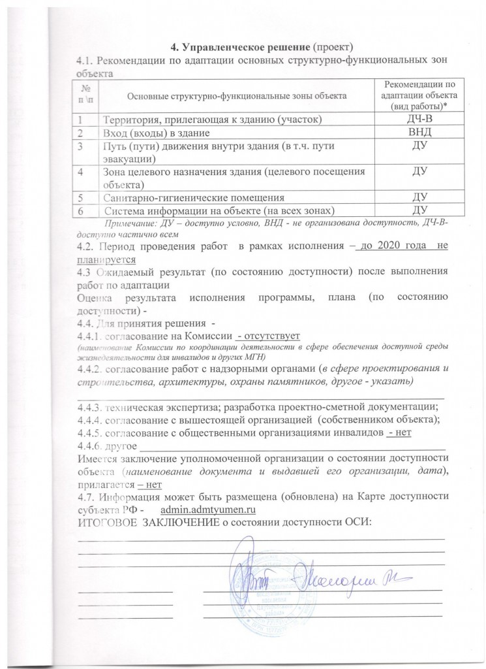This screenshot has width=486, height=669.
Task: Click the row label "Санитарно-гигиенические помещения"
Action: click(x=193, y=197)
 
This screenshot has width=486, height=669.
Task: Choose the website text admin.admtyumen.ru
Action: click(x=207, y=508)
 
